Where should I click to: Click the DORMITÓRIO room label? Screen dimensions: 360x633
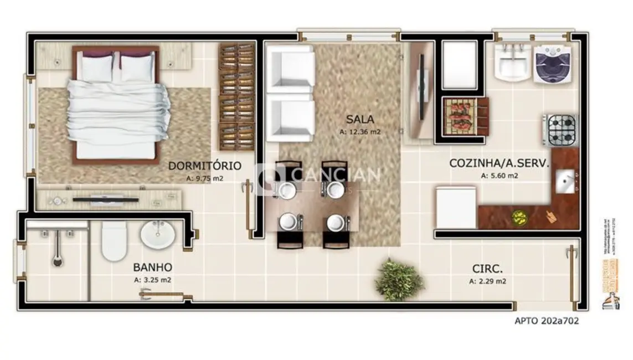pyautogui.click(x=204, y=165)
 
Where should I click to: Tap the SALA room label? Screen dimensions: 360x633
pyautogui.click(x=360, y=119)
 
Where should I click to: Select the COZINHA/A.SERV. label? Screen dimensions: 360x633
pyautogui.click(x=498, y=163)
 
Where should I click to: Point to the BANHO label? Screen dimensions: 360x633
pyautogui.click(x=152, y=267)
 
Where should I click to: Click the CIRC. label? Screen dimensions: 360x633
pyautogui.click(x=487, y=269)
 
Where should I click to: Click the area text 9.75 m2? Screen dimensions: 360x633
pyautogui.click(x=205, y=178)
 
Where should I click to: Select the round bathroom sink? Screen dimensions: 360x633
pyautogui.click(x=159, y=235)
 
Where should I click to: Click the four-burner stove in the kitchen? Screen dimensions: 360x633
pyautogui.click(x=560, y=130)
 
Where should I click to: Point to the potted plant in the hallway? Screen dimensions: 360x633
pyautogui.click(x=399, y=280)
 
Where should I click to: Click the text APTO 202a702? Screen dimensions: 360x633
pyautogui.click(x=547, y=320)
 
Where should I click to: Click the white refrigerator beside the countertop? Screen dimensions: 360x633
pyautogui.click(x=455, y=208)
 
